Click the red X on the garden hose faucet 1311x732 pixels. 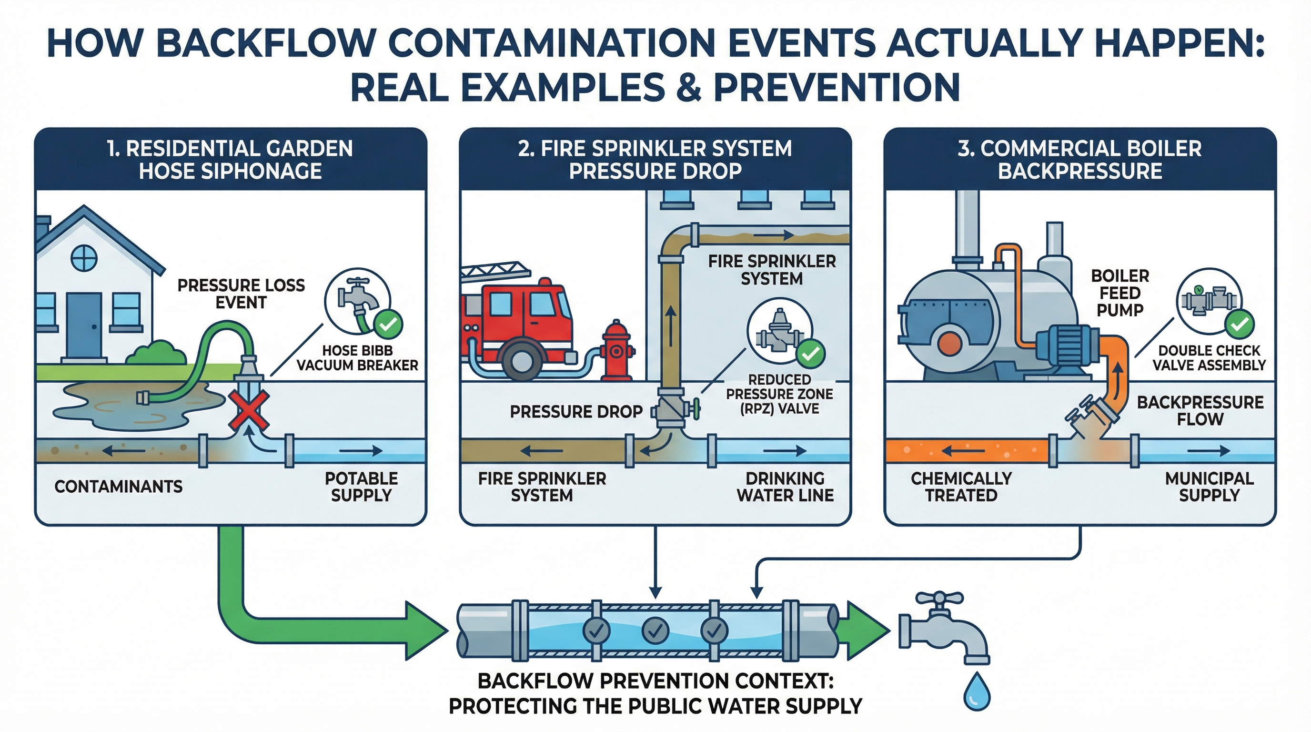pos(248,409)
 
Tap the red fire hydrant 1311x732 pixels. pos(617,351)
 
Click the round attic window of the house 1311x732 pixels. pos(83,259)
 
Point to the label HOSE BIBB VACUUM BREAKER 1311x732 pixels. pos(357,358)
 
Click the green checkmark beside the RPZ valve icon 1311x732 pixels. pos(810,353)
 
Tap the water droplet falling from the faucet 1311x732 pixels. pos(977,692)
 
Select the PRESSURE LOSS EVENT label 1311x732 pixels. pos(241,294)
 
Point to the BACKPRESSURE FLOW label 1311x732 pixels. pos(1200,411)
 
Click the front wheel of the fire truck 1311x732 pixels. pos(520,361)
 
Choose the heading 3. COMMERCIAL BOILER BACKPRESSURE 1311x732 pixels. pos(1079,159)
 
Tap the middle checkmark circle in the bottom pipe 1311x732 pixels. pos(655,630)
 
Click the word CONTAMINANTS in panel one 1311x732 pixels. pos(119,487)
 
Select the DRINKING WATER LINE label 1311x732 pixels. pos(785,487)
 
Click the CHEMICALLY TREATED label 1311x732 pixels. pos(961,487)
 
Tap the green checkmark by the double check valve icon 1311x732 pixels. pos(1239,324)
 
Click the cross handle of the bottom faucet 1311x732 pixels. pos(939,598)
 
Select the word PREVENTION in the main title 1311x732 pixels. pos(836,88)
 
